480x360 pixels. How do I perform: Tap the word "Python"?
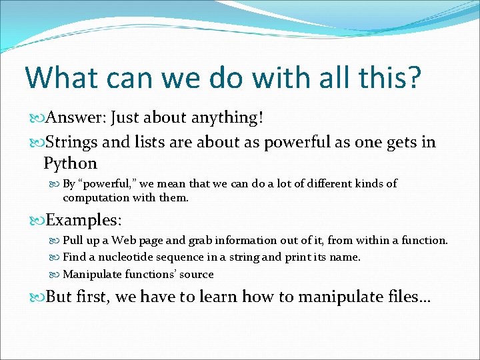pyautogui.click(x=70, y=163)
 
